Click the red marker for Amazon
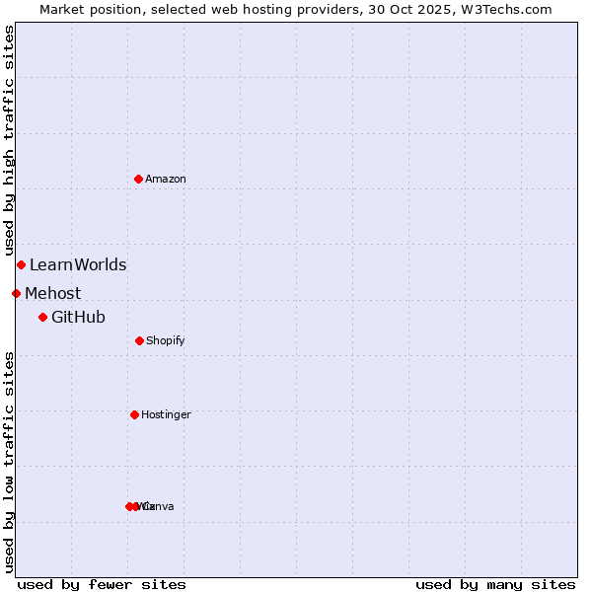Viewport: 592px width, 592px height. tap(139, 179)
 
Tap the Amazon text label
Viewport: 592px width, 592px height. tap(166, 179)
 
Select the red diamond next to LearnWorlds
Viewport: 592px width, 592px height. tap(21, 264)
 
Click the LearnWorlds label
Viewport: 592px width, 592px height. tap(78, 264)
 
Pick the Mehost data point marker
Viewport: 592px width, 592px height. tap(16, 293)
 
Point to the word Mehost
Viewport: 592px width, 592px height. tap(53, 293)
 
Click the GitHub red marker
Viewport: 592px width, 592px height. tap(42, 317)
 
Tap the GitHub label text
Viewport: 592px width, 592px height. tap(78, 317)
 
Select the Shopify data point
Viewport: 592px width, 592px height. tap(139, 340)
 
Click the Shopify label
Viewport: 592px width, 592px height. tap(166, 340)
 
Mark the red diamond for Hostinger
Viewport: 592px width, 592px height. tap(134, 414)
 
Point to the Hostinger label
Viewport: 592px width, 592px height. tap(166, 414)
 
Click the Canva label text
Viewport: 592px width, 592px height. tap(160, 506)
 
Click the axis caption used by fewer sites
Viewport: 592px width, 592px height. tap(102, 584)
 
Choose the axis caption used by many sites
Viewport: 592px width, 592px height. tap(495, 584)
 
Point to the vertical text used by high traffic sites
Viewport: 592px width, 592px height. tap(10, 140)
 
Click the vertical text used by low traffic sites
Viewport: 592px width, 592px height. tap(10, 462)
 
